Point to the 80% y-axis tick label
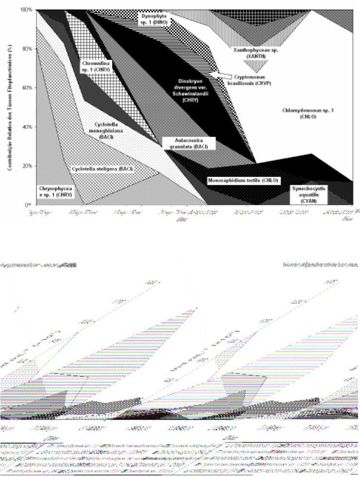point(27,49)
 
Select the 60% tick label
point(27,88)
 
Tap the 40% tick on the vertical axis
point(27,126)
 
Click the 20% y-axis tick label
point(27,165)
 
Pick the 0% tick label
point(29,204)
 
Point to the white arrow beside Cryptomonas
point(220,74)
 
